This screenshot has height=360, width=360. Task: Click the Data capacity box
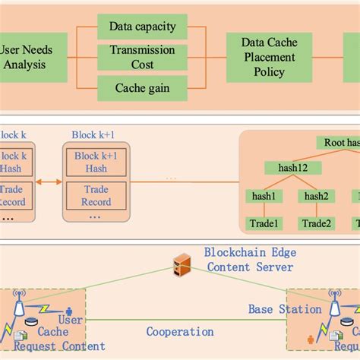click(x=142, y=27)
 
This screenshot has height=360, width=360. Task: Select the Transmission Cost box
click(x=142, y=57)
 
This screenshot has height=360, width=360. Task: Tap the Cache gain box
click(x=142, y=87)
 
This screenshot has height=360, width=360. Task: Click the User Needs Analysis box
click(x=25, y=57)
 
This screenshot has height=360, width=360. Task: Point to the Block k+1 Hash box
click(x=96, y=163)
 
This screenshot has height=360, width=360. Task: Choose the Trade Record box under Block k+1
click(x=96, y=196)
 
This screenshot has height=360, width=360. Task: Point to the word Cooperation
click(x=180, y=332)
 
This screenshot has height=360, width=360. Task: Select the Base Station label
click(x=285, y=309)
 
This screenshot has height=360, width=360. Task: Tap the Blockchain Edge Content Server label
click(x=248, y=259)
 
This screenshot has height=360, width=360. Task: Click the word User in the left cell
click(x=71, y=321)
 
